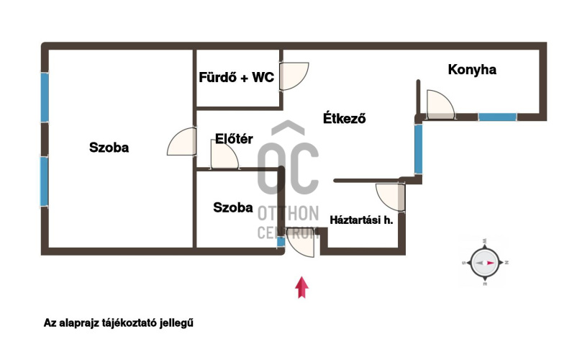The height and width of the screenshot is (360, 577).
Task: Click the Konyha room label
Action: [x=472, y=70]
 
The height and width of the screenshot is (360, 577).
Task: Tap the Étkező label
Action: [x=345, y=119]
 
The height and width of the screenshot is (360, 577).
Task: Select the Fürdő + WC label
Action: [x=237, y=78]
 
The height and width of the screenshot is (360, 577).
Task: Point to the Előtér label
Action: [x=234, y=140]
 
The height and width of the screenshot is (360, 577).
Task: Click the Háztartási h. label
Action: [x=361, y=220]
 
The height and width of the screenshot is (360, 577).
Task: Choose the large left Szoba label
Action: [x=109, y=148]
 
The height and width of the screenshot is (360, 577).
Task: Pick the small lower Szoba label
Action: [x=233, y=207]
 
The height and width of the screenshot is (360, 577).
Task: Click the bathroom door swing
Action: [x=293, y=76]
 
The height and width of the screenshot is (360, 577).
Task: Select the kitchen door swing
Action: [x=440, y=104]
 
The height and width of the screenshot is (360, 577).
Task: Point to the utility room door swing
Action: [x=391, y=198]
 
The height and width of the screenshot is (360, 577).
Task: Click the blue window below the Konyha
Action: [x=497, y=117]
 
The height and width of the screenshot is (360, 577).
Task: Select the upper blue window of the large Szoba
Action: [x=45, y=98]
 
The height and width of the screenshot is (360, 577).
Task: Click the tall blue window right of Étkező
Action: [x=418, y=149]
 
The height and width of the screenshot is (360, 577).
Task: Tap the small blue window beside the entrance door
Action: [x=281, y=242]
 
